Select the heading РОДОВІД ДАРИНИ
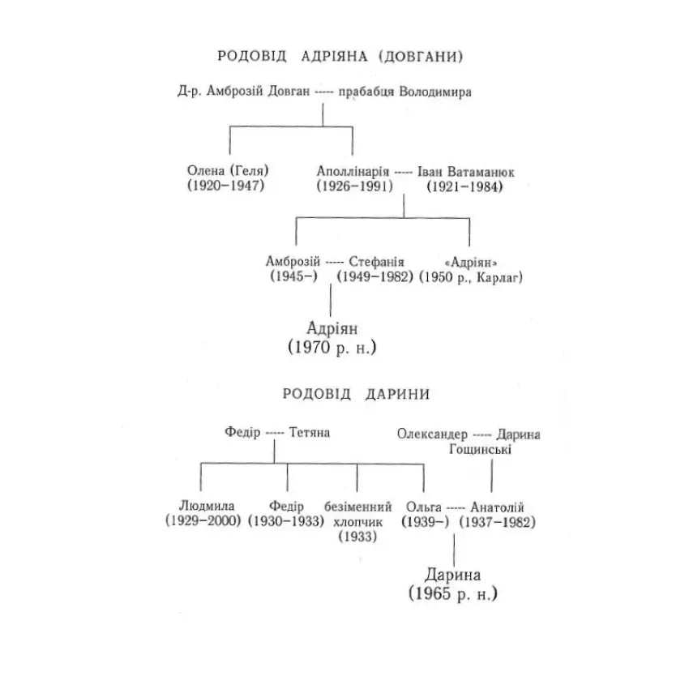[356, 395]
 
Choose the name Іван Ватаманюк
[466, 172]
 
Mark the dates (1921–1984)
[465, 186]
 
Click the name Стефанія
[377, 262]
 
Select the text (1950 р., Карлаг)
[471, 277]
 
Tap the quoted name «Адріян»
[471, 262]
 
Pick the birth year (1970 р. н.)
[333, 348]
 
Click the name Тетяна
[309, 433]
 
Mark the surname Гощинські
[490, 448]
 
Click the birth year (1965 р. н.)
[452, 594]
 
